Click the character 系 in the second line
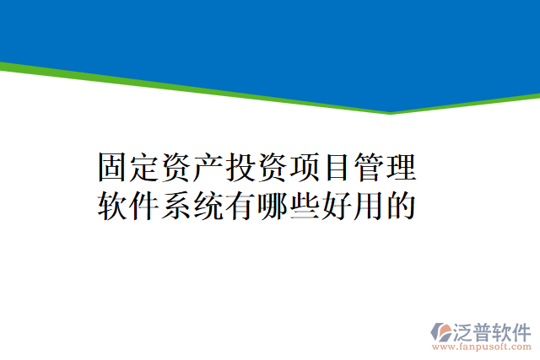(x=178, y=205)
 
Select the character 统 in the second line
(x=210, y=205)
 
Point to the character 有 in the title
(x=241, y=205)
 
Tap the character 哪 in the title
(x=273, y=205)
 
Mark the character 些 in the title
(x=305, y=205)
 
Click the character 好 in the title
(x=337, y=205)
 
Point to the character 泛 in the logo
(x=465, y=330)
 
